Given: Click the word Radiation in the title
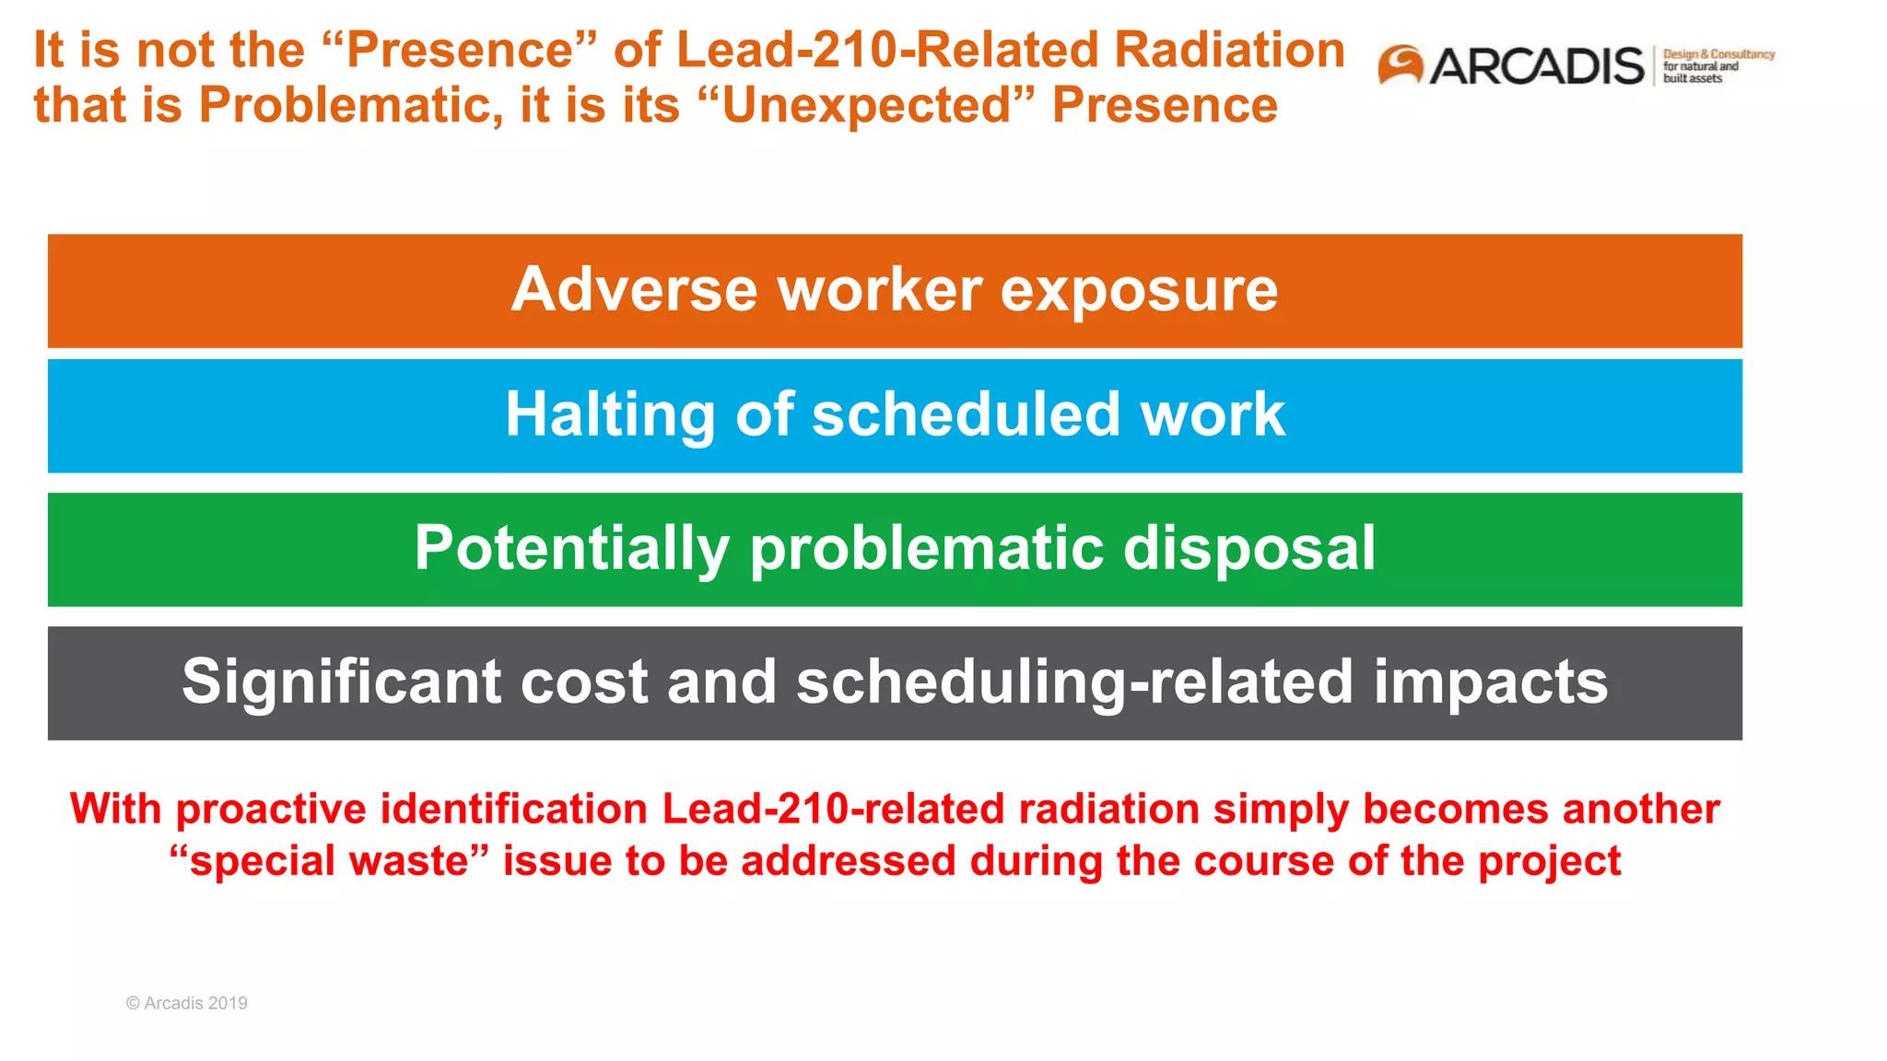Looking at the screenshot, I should tap(1229, 50).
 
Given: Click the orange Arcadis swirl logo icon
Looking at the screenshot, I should tap(1401, 65).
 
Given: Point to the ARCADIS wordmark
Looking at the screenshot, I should tap(1536, 66).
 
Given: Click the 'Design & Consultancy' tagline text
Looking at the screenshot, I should tap(1718, 54).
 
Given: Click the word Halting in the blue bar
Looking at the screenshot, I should tap(610, 414).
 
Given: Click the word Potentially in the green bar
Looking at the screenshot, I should tap(571, 548).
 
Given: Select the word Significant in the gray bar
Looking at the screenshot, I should tap(342, 682).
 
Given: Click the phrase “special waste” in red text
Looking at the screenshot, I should tap(329, 861).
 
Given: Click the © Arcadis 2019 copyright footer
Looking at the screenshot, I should tap(187, 1003).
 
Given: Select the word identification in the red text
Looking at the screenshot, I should tap(513, 810).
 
